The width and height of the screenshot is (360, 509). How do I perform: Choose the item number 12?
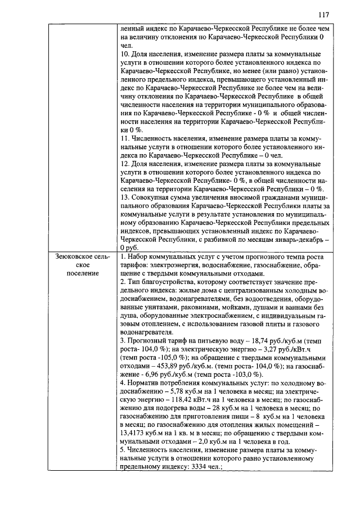[x=125, y=163]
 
